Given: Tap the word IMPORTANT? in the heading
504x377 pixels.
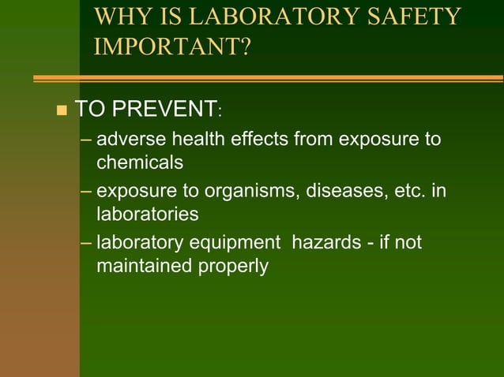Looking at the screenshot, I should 171,46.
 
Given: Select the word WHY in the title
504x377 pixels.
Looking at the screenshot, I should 118,17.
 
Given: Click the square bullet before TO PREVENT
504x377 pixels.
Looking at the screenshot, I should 62,110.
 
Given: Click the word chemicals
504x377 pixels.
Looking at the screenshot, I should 140,162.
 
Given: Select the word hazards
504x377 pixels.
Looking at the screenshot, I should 327,241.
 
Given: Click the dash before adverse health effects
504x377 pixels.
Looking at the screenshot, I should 86,141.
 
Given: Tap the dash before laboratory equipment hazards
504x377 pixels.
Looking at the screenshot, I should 86,242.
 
